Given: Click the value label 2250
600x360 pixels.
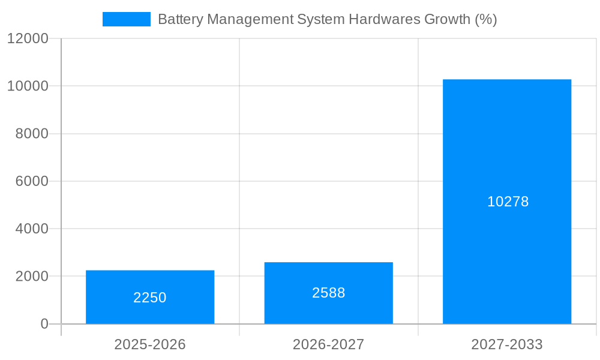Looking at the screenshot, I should (150, 298).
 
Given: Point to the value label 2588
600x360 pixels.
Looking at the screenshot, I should (328, 293).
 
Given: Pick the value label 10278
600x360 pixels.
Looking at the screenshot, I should (508, 202).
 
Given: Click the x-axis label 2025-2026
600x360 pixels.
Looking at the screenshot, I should (150, 344).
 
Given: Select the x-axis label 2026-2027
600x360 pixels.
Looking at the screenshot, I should (328, 344).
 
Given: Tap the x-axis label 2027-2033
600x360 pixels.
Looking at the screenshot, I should (507, 344).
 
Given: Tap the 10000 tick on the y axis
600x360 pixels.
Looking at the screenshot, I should (28, 86).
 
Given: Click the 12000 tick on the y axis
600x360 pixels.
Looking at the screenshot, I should (28, 38).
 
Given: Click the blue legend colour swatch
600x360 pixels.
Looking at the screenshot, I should (126, 19).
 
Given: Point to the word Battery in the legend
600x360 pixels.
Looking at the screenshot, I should (179, 19).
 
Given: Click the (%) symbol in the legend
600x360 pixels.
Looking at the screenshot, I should (485, 19).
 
